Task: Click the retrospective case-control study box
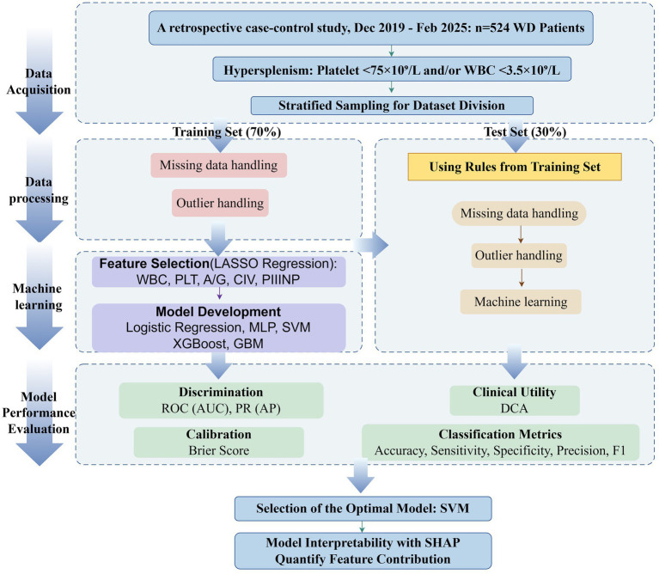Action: pyautogui.click(x=370, y=27)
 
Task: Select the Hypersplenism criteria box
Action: pyautogui.click(x=392, y=70)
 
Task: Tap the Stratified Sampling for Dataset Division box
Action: pyautogui.click(x=392, y=106)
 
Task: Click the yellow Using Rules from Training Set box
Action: pyautogui.click(x=515, y=167)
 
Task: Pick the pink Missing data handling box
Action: pyautogui.click(x=218, y=165)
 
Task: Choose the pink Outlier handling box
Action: pyautogui.click(x=220, y=203)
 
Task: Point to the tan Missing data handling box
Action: pyautogui.click(x=519, y=213)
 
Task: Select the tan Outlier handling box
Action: pyautogui.click(x=519, y=255)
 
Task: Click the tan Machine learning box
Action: pyautogui.click(x=521, y=302)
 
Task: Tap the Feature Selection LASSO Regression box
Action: pyautogui.click(x=218, y=272)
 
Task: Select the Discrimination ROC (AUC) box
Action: pyautogui.click(x=221, y=400)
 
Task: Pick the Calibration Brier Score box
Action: pyautogui.click(x=218, y=442)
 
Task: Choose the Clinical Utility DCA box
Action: pyautogui.click(x=515, y=400)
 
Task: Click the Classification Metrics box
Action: pyautogui.click(x=500, y=442)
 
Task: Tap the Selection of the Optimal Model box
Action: pyautogui.click(x=363, y=509)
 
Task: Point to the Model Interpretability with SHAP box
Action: pyautogui.click(x=363, y=551)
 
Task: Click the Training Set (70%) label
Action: pyautogui.click(x=227, y=132)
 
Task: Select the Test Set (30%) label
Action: pyautogui.click(x=525, y=132)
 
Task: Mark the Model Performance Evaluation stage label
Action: pyautogui.click(x=39, y=412)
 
